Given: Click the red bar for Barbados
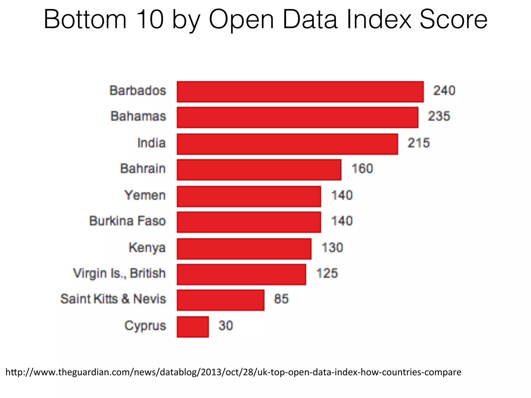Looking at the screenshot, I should [300, 92].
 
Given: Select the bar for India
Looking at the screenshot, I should [287, 144].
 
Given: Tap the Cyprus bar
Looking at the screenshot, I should [193, 327].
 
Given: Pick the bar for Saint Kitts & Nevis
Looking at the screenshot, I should [221, 300].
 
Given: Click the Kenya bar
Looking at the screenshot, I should [244, 249].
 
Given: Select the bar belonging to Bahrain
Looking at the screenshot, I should [259, 170].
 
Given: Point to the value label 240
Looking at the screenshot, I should [444, 91].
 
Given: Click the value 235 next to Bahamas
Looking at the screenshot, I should [439, 116].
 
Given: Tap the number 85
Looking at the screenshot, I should [281, 299].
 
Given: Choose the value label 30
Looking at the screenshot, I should [226, 326].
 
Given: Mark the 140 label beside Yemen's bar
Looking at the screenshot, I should [342, 195].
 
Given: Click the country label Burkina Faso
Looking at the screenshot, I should [127, 221].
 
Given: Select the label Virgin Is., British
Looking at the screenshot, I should [119, 273].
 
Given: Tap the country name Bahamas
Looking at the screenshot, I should [138, 116].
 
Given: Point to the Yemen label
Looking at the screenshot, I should [145, 195].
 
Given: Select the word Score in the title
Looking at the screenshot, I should [453, 20].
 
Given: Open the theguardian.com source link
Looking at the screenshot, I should [233, 372].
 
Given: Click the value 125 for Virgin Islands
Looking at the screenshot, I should [327, 273].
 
